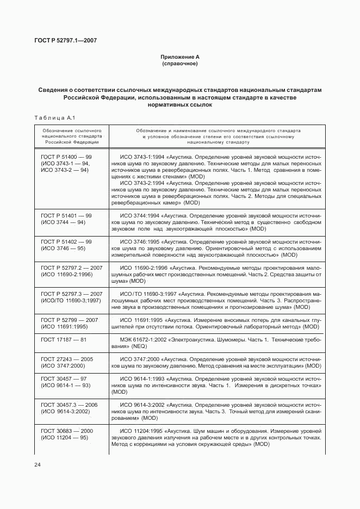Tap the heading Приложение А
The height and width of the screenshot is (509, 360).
(x=179, y=57)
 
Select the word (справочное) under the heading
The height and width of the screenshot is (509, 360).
(x=179, y=64)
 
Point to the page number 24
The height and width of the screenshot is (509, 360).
(x=38, y=464)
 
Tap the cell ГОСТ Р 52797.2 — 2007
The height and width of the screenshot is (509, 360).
(x=71, y=268)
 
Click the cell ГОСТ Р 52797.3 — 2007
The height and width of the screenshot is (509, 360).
(x=71, y=294)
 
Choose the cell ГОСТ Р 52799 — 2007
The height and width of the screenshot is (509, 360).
(x=69, y=320)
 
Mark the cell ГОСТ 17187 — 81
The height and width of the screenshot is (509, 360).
(x=64, y=339)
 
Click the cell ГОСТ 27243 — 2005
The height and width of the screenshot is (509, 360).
(x=67, y=359)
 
